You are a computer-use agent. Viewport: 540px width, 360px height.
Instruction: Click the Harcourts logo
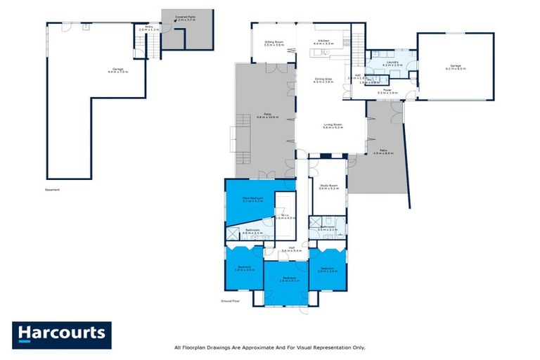coord(61,333)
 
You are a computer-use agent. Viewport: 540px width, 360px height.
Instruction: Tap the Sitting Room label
coord(274,43)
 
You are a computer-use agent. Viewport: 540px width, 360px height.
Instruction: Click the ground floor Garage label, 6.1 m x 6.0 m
coord(456,67)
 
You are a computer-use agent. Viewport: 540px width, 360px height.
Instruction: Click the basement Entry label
coord(148,28)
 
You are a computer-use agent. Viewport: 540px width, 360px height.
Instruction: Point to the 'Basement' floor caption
coord(53,189)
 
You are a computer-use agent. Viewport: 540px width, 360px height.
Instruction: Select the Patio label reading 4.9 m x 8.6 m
coord(383,151)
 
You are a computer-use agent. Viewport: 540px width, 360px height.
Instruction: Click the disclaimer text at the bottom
coord(269,347)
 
